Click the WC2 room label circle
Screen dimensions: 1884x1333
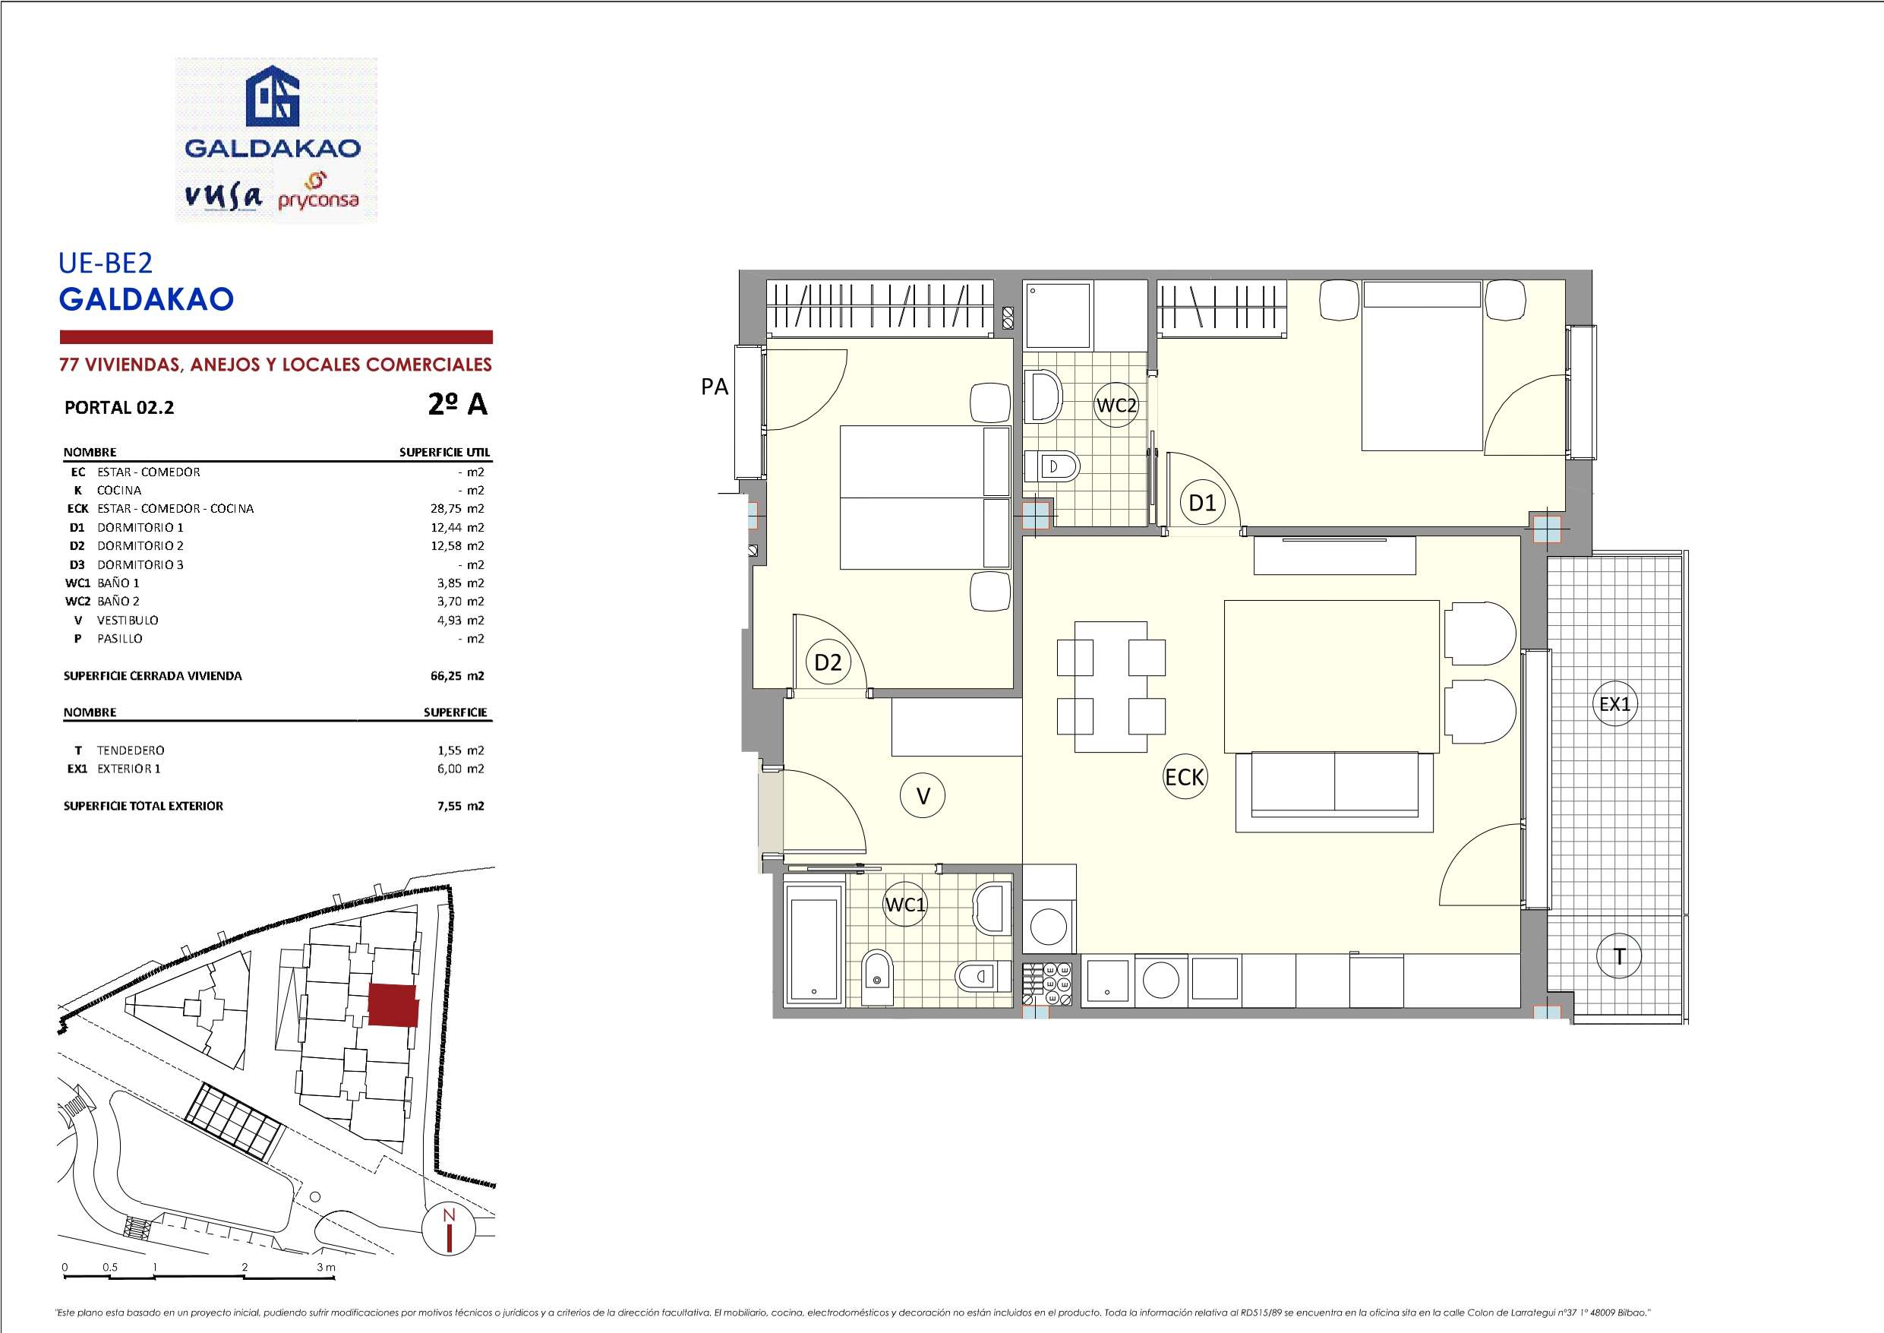coord(1116,406)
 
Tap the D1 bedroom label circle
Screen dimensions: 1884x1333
coord(1202,502)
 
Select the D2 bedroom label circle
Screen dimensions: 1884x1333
coord(828,662)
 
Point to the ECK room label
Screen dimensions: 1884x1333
coord(1184,776)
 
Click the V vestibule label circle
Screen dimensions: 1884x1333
coord(923,795)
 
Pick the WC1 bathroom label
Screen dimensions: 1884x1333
coord(905,905)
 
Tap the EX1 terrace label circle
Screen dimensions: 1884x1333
coord(1615,703)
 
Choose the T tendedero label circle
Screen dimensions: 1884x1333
coord(1619,956)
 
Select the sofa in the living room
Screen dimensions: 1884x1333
coord(1334,791)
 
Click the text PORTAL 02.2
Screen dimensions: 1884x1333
coord(119,407)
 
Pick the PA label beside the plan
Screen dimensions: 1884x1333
coord(715,387)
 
